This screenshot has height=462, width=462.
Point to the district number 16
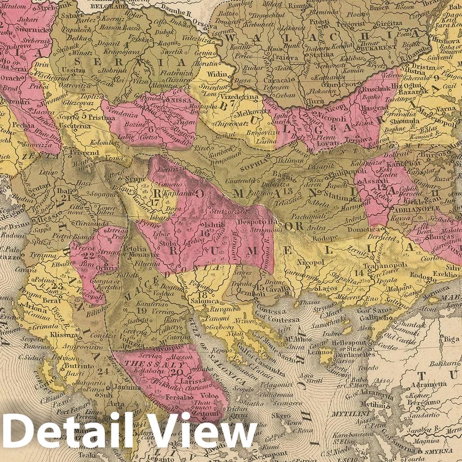[x=206, y=233]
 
